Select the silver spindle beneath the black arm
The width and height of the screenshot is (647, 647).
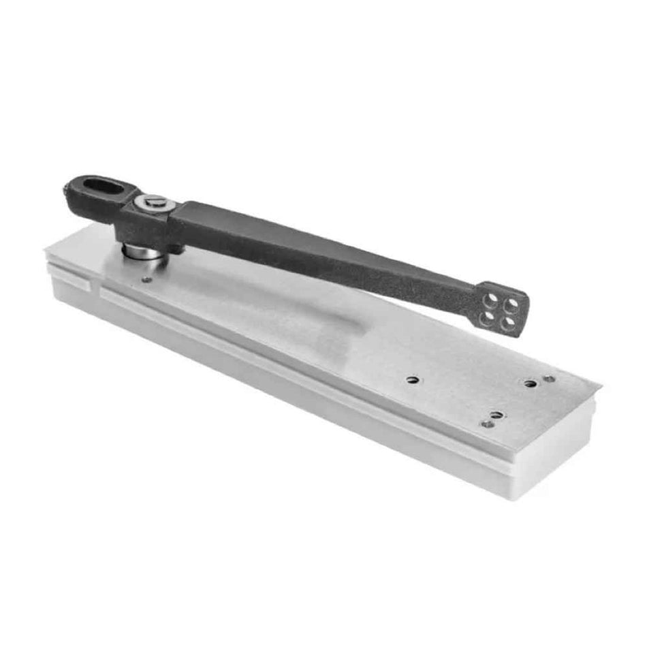pos(143,253)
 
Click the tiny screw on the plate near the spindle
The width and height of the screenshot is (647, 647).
pos(146,279)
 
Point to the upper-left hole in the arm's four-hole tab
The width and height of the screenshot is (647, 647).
pos(489,299)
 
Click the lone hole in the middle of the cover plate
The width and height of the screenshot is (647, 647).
pos(412,379)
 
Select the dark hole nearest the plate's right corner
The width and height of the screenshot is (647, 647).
pos(531,383)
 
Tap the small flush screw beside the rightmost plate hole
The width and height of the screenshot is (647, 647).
pos(549,379)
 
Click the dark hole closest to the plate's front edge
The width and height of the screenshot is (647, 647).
pos(497,414)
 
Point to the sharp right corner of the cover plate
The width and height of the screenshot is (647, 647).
pos(599,391)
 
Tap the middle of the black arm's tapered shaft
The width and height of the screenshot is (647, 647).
pos(327,253)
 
